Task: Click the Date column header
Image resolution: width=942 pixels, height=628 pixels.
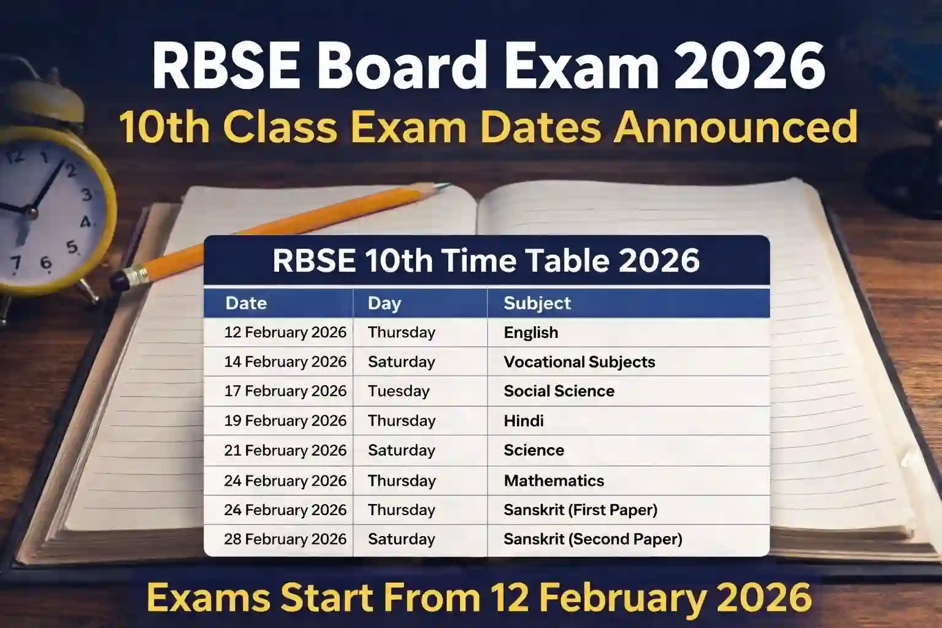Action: pos(246,303)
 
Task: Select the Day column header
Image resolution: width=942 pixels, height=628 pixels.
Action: pos(385,303)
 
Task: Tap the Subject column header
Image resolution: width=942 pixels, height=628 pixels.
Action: pos(537,303)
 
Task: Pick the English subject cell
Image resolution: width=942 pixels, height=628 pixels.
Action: pos(531,332)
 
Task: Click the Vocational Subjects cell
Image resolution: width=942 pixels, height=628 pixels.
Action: pos(580,362)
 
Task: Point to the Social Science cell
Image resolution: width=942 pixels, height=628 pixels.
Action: pos(559,391)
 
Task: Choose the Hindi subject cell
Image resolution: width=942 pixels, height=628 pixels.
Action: pos(524,421)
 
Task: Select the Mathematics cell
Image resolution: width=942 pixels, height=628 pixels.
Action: pos(554,480)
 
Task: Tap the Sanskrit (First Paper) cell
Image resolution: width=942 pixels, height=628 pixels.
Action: pos(580,510)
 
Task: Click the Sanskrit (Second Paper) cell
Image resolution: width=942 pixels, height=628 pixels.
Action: pos(593,539)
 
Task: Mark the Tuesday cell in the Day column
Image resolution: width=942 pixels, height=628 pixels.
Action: pos(399,391)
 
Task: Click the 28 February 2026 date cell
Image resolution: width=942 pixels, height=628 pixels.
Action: pos(285,539)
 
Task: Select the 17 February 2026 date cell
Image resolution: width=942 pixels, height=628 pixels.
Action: pos(285,391)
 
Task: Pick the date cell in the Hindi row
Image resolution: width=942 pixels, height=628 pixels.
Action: pos(285,421)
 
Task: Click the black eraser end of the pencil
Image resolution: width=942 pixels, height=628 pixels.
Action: pos(120,281)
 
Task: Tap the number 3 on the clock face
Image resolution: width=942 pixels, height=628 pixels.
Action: pos(86,194)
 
